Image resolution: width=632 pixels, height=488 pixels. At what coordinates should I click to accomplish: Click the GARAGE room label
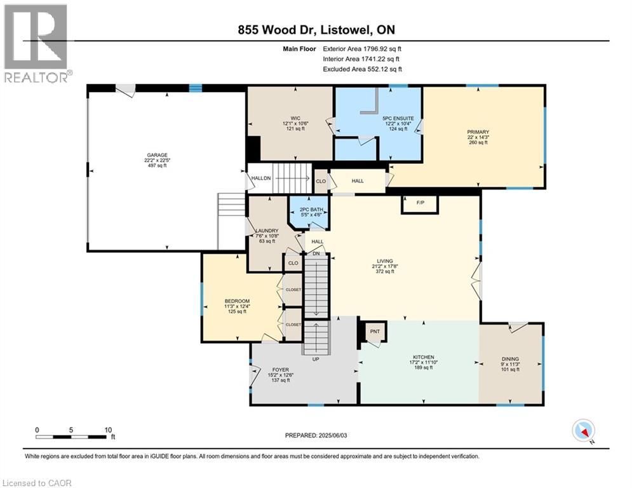(157, 155)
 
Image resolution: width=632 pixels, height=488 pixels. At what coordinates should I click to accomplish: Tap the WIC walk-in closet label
(295, 118)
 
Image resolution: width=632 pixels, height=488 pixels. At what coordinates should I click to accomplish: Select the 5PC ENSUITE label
(398, 119)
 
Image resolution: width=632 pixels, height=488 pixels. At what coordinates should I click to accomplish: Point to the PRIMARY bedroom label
(478, 132)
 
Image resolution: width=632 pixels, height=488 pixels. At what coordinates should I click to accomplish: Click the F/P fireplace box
(420, 204)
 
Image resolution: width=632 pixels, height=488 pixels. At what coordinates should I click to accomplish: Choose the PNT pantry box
(375, 332)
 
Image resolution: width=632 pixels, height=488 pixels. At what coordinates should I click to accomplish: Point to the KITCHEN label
(423, 357)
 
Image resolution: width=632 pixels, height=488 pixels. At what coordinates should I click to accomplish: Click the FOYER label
(281, 370)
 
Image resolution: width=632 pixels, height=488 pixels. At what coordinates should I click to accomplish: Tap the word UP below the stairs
(316, 359)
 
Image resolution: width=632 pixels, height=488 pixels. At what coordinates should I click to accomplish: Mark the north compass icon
(584, 431)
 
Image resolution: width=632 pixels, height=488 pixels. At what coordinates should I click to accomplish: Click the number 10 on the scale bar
(108, 430)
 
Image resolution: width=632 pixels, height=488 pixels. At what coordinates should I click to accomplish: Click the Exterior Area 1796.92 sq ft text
(362, 49)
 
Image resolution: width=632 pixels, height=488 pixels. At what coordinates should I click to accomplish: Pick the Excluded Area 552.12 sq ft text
(362, 69)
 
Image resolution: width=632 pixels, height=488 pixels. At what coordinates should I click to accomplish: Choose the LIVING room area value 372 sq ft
(385, 271)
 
